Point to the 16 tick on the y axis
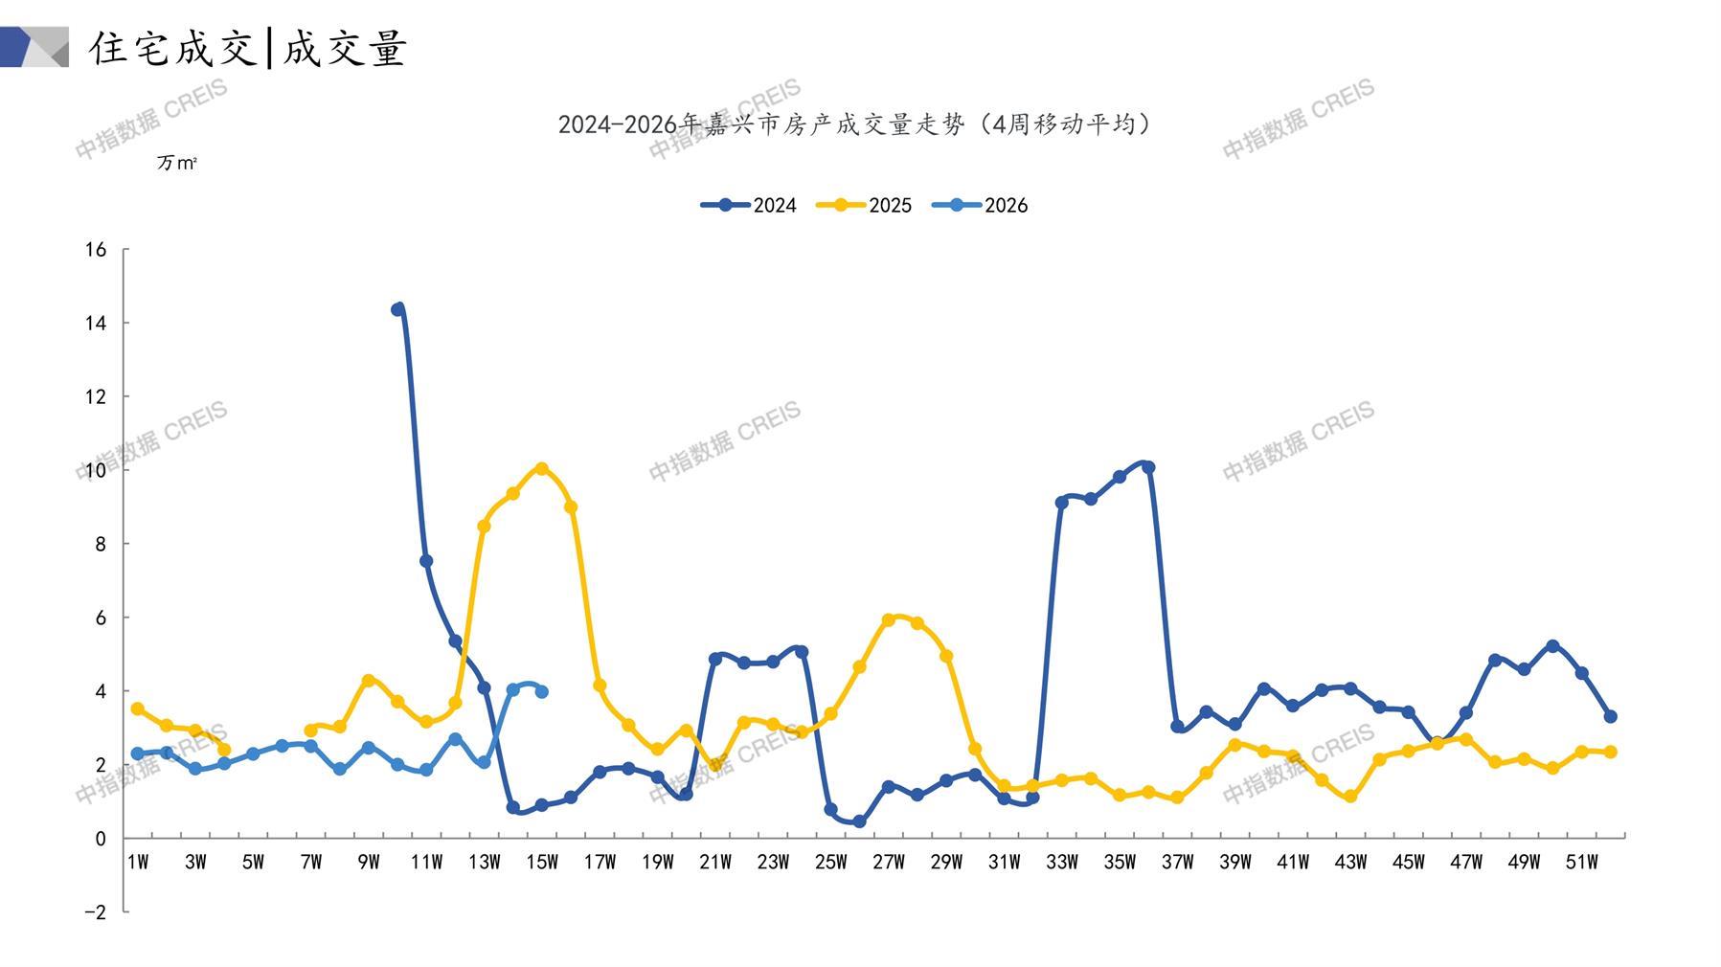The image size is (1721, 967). coord(96,250)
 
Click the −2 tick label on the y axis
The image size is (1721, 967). coord(95,911)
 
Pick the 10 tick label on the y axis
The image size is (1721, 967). coord(96,470)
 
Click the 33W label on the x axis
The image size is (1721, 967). coord(1061,862)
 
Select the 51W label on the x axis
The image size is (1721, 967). coord(1581,862)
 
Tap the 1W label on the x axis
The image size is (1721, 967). coord(138,862)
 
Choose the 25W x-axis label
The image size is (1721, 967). coord(830,862)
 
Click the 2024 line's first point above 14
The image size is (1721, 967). coord(397,309)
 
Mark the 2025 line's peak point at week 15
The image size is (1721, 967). coord(542,468)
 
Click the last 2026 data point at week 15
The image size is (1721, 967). coord(542,691)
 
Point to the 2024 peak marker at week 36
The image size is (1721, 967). coord(1148,467)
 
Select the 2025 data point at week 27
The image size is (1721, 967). coord(889,619)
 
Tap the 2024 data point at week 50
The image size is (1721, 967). coord(1552,646)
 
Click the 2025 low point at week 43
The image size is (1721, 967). coord(1350,797)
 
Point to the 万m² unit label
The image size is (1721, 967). coord(177,163)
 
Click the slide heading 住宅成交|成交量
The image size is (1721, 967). coord(248,48)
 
